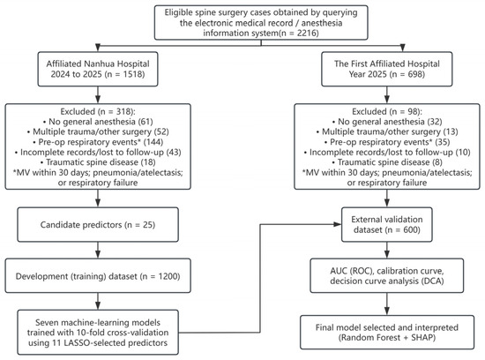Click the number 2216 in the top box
click(306, 34)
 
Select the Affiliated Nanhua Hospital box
click(98, 69)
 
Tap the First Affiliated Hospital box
click(386, 69)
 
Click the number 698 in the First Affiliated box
click(413, 74)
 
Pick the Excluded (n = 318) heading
click(98, 111)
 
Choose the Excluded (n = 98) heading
click(387, 111)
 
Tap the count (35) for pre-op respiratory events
click(443, 142)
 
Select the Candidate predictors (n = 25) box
click(98, 224)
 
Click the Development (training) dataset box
click(98, 276)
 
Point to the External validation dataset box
click(386, 224)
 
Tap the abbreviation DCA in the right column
click(431, 281)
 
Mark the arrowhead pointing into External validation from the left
click(338, 224)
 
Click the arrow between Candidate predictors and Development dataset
click(98, 250)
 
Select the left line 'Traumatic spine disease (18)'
click(98, 162)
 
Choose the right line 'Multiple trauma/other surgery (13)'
click(387, 131)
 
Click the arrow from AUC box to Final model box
click(386, 304)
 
